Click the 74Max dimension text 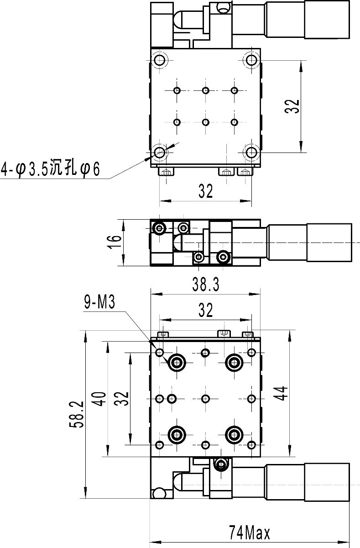[x=250, y=532]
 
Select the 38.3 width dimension [x=206, y=285]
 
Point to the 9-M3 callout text [x=99, y=303]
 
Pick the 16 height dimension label [x=115, y=242]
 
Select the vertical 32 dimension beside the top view [x=293, y=106]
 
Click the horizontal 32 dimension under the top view [x=206, y=191]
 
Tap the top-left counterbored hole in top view [x=159, y=60]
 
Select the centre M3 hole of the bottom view [x=205, y=399]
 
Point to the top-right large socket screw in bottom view [x=235, y=363]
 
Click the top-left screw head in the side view [x=159, y=227]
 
